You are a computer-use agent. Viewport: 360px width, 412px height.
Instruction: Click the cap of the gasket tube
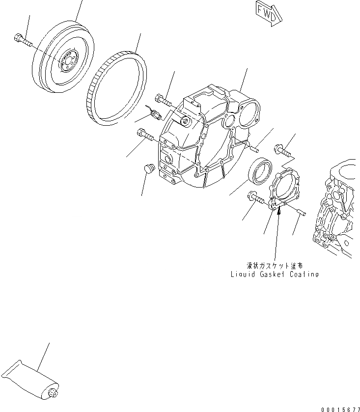coord(54,393)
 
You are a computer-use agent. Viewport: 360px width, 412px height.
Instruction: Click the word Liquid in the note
coord(243,275)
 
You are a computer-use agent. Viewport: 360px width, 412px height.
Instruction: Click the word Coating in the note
coord(303,275)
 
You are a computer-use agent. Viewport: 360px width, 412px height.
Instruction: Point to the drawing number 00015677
coord(339,409)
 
